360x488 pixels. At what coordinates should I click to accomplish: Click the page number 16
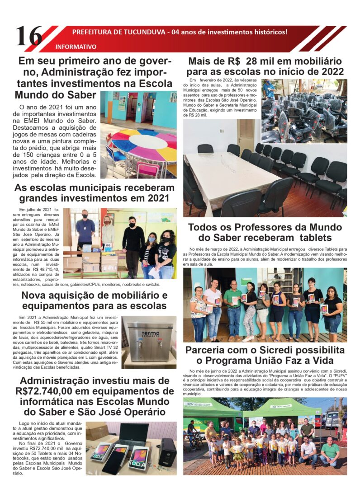click(x=29, y=36)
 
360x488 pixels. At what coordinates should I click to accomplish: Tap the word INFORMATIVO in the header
click(x=76, y=47)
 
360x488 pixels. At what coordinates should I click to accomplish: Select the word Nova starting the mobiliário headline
click(x=38, y=296)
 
